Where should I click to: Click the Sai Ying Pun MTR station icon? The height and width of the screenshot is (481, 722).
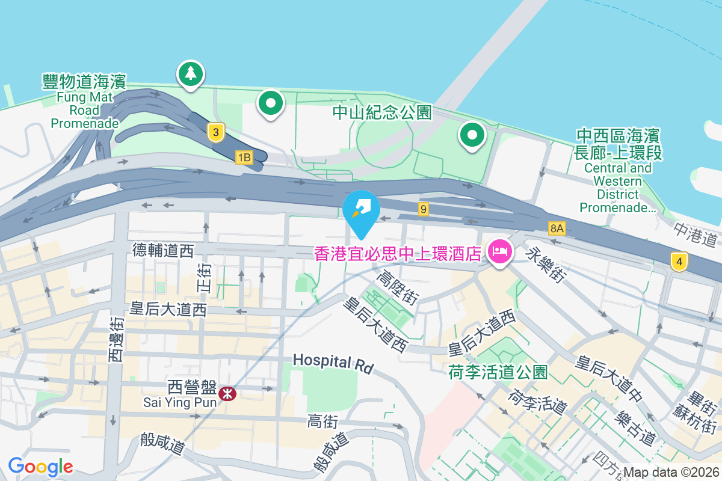click(x=227, y=394)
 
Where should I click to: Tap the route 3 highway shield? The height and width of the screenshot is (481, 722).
click(x=215, y=132)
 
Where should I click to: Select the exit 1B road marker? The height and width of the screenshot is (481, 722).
click(x=244, y=158)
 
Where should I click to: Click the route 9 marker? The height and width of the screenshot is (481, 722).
click(x=424, y=209)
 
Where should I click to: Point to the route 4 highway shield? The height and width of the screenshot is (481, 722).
click(x=679, y=262)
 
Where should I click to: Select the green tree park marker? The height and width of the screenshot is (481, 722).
click(x=191, y=73)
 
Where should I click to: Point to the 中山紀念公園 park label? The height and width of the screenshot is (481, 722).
click(x=383, y=112)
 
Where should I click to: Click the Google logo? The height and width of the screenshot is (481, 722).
click(x=40, y=466)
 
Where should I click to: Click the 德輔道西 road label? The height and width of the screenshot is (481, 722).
click(x=163, y=251)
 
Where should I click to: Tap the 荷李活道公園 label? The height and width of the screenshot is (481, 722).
click(x=498, y=372)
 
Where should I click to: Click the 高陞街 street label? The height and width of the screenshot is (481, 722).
click(x=397, y=286)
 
